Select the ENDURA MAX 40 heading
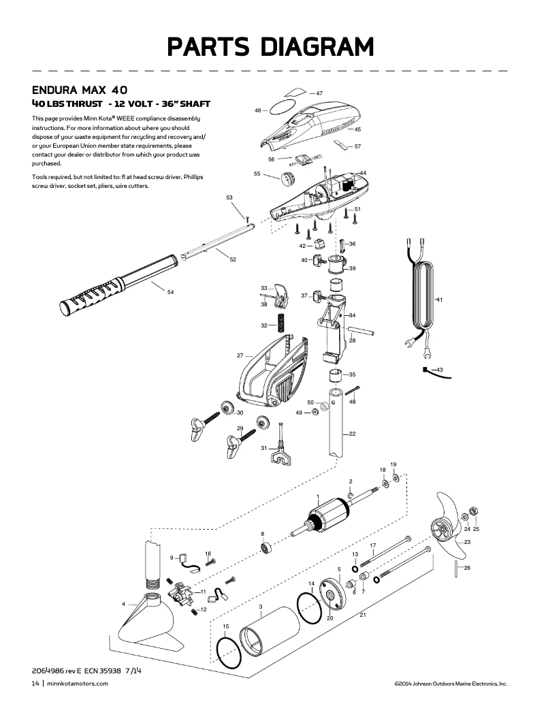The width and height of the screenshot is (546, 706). click(80, 90)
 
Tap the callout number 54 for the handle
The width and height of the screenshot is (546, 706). click(170, 292)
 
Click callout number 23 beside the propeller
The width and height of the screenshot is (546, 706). click(467, 542)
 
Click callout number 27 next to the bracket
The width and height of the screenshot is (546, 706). click(240, 355)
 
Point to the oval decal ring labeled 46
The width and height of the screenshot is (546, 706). click(280, 108)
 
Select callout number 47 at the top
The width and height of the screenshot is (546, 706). click(319, 93)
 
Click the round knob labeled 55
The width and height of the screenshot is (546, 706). click(288, 181)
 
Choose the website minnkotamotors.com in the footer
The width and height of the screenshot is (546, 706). click(78, 683)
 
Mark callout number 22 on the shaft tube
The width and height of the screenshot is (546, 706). click(352, 434)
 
